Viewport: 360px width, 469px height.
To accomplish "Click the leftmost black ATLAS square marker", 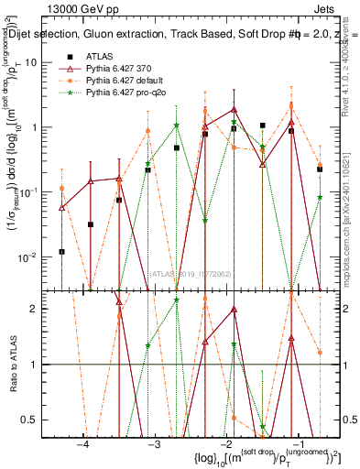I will [61, 251].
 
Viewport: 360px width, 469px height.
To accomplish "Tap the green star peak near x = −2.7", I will [177, 125].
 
